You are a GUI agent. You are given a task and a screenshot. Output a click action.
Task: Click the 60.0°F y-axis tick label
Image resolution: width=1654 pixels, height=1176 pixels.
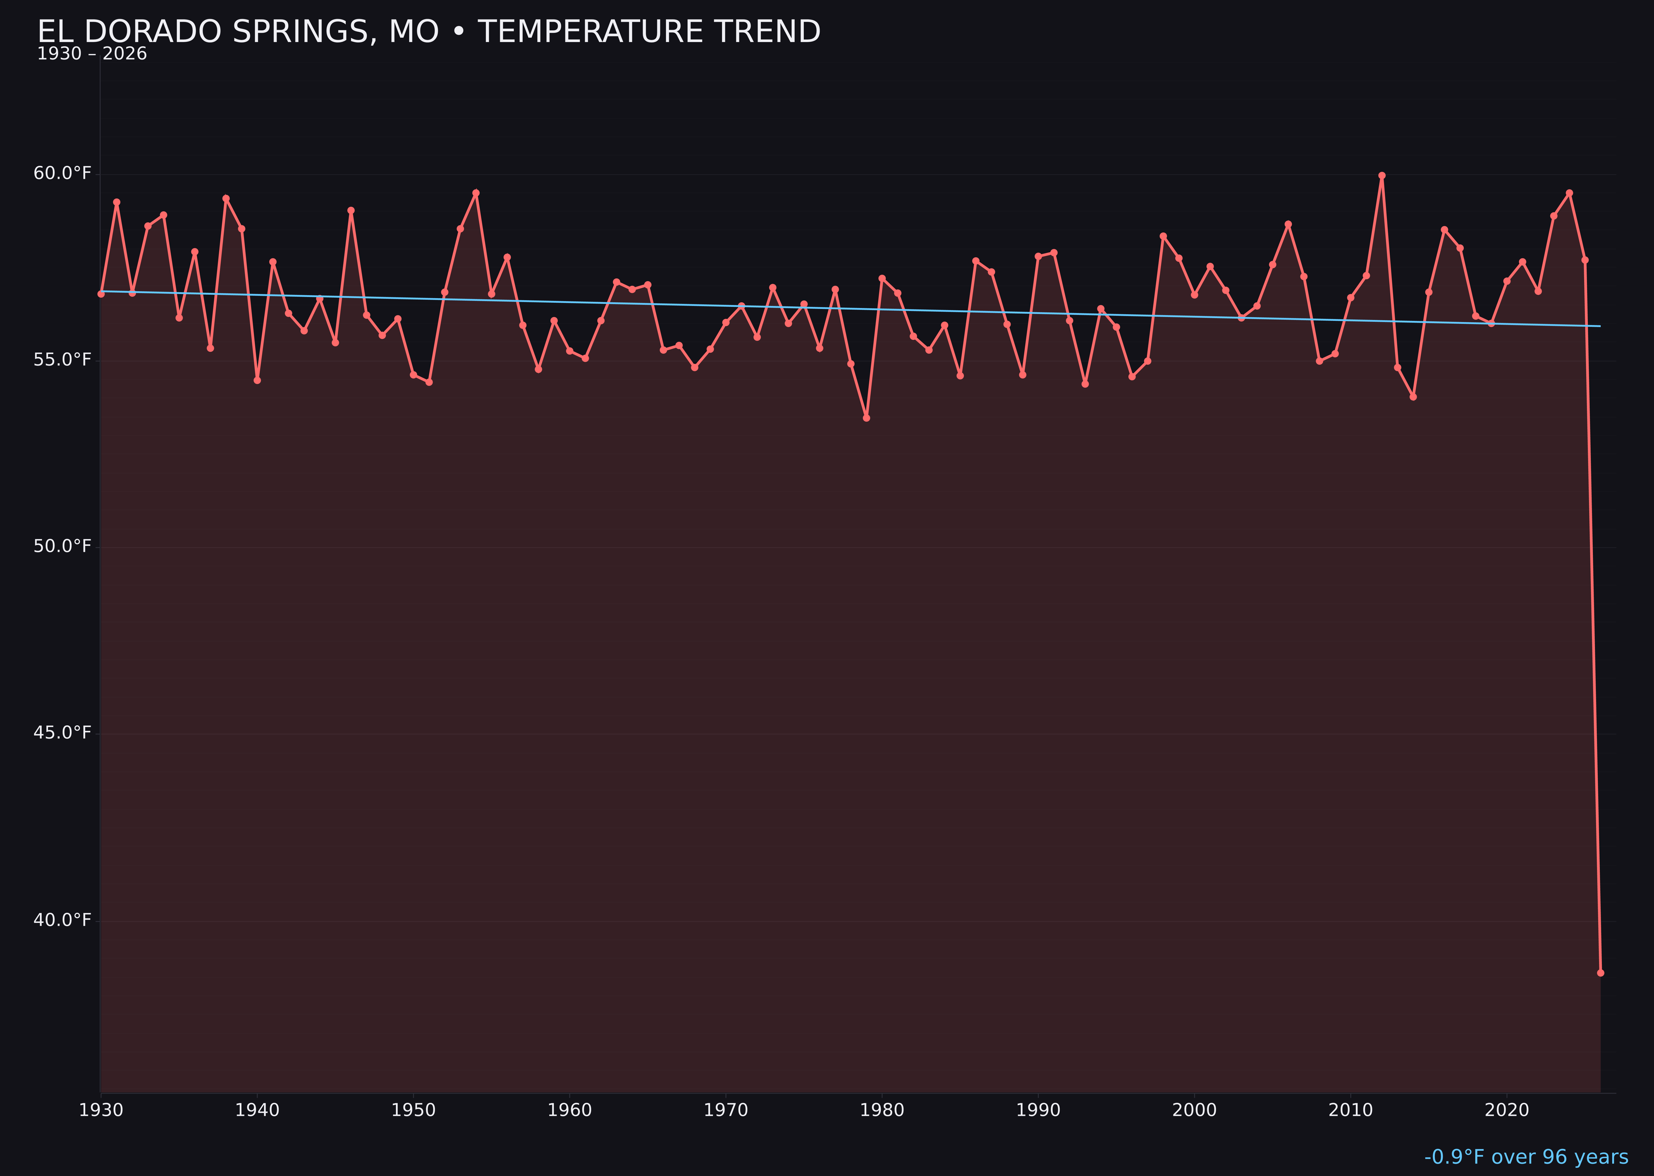(x=62, y=174)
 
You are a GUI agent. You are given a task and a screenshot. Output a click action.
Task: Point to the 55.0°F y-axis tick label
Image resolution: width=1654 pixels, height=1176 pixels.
(x=62, y=360)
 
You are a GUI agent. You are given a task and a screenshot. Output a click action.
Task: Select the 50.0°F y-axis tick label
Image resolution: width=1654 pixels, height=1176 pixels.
(x=62, y=546)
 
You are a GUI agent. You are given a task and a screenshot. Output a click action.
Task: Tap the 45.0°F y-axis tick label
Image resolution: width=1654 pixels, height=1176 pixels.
(x=62, y=733)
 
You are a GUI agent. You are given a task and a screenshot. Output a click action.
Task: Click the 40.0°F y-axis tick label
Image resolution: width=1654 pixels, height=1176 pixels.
(x=62, y=920)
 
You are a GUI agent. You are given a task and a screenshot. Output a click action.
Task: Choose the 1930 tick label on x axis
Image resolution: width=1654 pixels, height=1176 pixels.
(x=100, y=1110)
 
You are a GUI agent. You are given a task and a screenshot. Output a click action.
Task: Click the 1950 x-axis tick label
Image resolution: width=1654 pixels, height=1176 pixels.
(x=413, y=1110)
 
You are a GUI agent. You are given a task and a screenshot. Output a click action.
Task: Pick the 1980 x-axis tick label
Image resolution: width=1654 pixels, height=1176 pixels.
(x=882, y=1110)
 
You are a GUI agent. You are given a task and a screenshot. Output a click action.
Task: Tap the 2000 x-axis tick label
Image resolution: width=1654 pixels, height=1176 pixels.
(x=1194, y=1110)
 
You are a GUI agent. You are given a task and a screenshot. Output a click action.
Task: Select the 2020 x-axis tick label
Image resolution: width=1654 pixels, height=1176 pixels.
(x=1507, y=1110)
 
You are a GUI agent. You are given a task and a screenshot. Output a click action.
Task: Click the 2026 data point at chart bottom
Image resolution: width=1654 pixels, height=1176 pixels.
(x=1600, y=973)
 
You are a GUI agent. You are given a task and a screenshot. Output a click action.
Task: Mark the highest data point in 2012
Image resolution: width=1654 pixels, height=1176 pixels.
(x=1382, y=175)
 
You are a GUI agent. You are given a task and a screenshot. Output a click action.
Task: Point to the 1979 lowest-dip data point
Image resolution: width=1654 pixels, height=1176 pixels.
(x=866, y=418)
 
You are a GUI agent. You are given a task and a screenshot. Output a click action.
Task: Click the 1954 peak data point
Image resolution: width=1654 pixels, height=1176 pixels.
(x=476, y=193)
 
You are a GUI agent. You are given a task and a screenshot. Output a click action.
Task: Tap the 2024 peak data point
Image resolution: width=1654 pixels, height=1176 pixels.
(x=1569, y=193)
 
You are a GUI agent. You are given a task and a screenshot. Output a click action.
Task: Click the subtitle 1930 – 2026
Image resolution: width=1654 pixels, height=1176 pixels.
(x=92, y=54)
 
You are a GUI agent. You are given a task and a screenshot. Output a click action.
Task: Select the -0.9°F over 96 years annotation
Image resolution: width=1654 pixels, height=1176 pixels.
(x=1526, y=1157)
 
